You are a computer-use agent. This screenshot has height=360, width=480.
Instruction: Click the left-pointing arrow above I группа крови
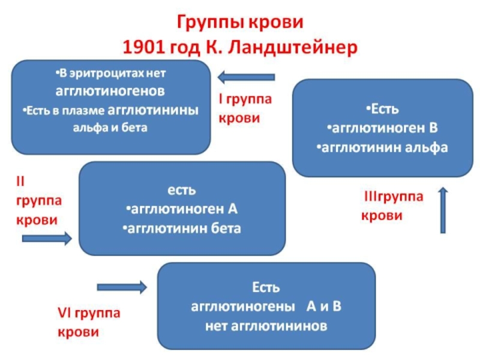(x=246, y=77)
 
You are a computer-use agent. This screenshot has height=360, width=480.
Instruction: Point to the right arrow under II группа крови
(x=47, y=239)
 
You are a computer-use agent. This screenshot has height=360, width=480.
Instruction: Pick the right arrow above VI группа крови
(x=122, y=287)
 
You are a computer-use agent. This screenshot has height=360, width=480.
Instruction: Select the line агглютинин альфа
(x=382, y=147)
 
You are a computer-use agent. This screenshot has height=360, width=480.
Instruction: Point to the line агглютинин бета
(x=182, y=228)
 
